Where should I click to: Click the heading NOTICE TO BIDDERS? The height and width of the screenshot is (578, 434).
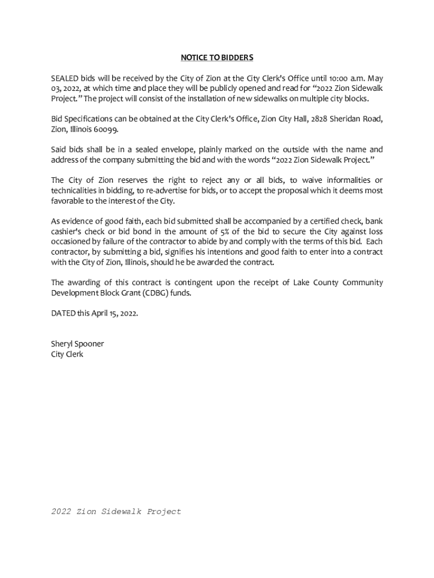click(216, 58)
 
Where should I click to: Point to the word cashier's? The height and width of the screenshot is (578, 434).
click(67, 231)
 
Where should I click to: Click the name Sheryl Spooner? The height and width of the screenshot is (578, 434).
click(77, 344)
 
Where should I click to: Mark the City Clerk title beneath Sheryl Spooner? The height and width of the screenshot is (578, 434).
click(67, 354)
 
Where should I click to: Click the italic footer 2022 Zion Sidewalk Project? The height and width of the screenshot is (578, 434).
click(116, 511)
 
